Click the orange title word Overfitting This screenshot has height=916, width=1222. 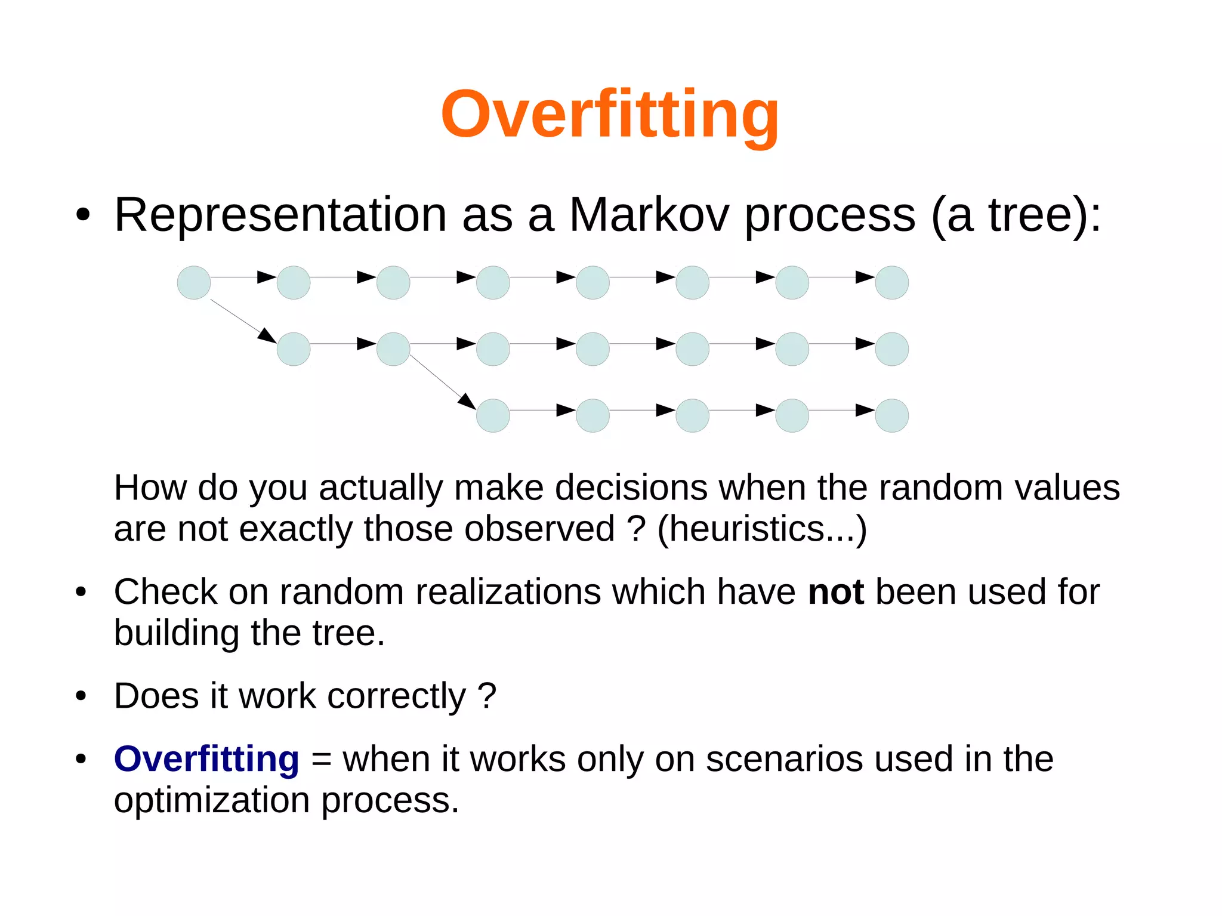tap(610, 115)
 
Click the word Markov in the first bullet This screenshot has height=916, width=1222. tap(649, 215)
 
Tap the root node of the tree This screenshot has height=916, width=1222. tap(194, 282)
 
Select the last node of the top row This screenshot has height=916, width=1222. tap(891, 282)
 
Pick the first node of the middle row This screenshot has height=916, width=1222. tap(294, 349)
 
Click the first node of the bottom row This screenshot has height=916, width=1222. tap(493, 415)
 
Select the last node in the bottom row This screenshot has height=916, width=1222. tap(891, 415)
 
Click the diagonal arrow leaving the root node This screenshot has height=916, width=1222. tap(242, 320)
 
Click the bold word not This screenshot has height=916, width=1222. tap(835, 592)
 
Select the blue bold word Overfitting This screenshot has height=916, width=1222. tap(206, 759)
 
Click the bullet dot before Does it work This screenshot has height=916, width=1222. tap(81, 696)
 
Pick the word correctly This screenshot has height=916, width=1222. tap(396, 696)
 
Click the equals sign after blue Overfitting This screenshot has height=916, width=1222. tap(321, 760)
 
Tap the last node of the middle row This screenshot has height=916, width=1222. tap(891, 349)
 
